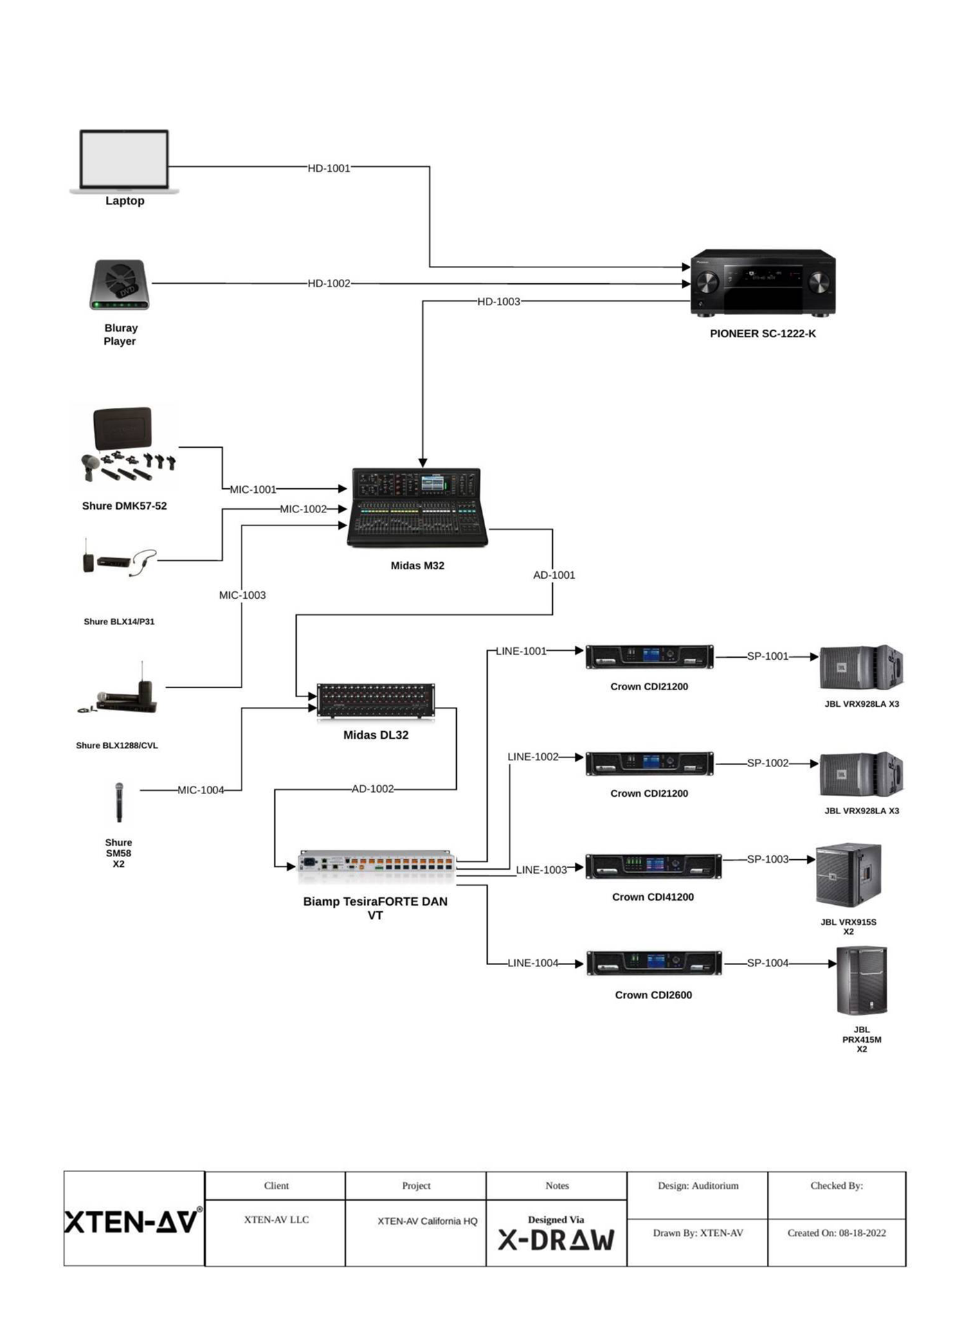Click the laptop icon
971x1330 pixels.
125,161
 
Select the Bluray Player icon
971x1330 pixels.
120,285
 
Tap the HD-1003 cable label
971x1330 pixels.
498,302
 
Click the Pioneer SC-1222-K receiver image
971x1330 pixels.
763,282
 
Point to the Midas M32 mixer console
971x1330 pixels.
417,507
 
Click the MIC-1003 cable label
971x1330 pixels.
242,595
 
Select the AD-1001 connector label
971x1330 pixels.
554,575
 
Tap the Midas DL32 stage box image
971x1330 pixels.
376,702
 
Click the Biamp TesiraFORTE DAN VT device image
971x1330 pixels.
376,865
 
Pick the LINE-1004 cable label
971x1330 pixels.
532,963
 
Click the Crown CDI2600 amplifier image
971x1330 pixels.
654,963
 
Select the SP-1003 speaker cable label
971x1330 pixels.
767,859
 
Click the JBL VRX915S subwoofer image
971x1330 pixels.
849,876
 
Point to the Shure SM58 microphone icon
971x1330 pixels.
119,802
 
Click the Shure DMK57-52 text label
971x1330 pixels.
125,506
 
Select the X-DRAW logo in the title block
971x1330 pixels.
556,1240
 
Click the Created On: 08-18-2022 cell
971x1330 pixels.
836,1233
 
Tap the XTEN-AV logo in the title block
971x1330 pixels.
134,1221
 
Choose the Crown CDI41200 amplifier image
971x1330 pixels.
653,866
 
